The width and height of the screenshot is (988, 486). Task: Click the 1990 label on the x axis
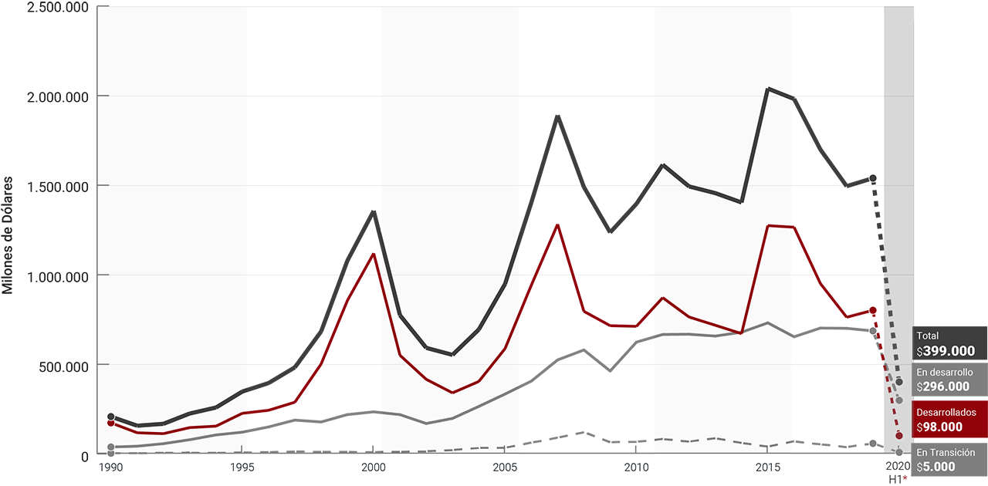(x=111, y=467)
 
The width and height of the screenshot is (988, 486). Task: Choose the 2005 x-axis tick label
(x=505, y=467)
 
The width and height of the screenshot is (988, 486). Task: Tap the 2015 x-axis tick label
(x=768, y=467)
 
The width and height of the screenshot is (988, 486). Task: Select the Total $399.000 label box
(x=949, y=343)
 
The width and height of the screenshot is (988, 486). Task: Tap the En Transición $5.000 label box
(x=949, y=460)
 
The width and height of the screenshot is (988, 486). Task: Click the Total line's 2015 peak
(x=768, y=89)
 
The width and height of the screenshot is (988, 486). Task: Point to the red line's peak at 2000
(x=374, y=254)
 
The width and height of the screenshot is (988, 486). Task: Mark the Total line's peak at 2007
(x=557, y=116)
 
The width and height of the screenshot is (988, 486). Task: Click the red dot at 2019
(x=872, y=310)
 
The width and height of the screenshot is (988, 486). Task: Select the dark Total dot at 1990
(x=111, y=417)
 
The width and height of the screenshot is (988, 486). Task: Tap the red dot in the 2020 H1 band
(x=899, y=436)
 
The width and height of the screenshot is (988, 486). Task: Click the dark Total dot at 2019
(x=872, y=178)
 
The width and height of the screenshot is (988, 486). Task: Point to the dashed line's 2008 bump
(x=584, y=432)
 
